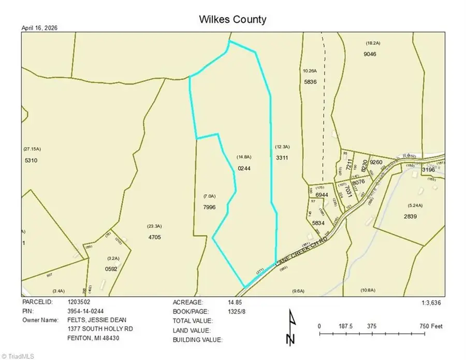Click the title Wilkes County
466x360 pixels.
click(232, 20)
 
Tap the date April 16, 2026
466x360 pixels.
click(39, 28)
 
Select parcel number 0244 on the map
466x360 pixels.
click(244, 168)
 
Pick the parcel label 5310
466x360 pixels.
click(32, 161)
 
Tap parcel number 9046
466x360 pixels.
click(370, 54)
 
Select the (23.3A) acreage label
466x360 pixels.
click(154, 226)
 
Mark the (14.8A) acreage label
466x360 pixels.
click(244, 156)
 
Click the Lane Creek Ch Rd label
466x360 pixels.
click(302, 252)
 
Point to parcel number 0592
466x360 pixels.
click(111, 268)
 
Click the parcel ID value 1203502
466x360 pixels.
click(79, 301)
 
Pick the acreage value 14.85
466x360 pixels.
click(235, 301)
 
